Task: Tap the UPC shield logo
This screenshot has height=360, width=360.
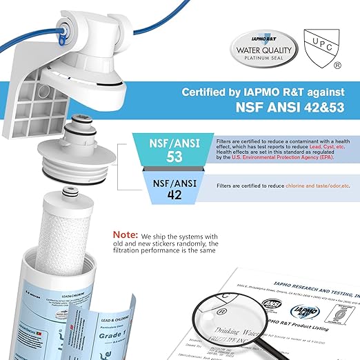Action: point(318,45)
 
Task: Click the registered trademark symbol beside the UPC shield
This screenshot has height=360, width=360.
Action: point(337,66)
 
